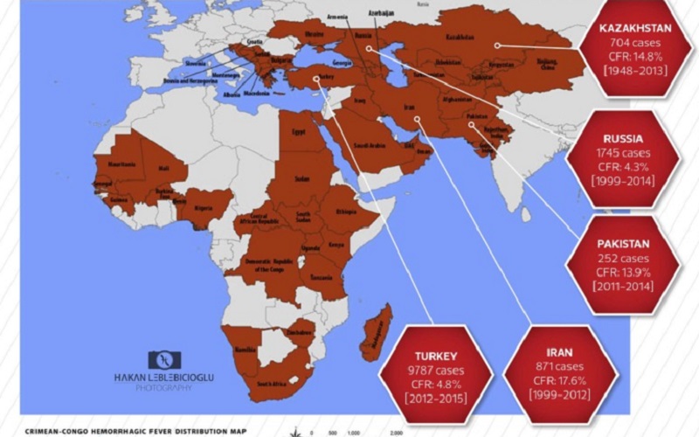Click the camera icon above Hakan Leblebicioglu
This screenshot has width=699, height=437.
(167, 359)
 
